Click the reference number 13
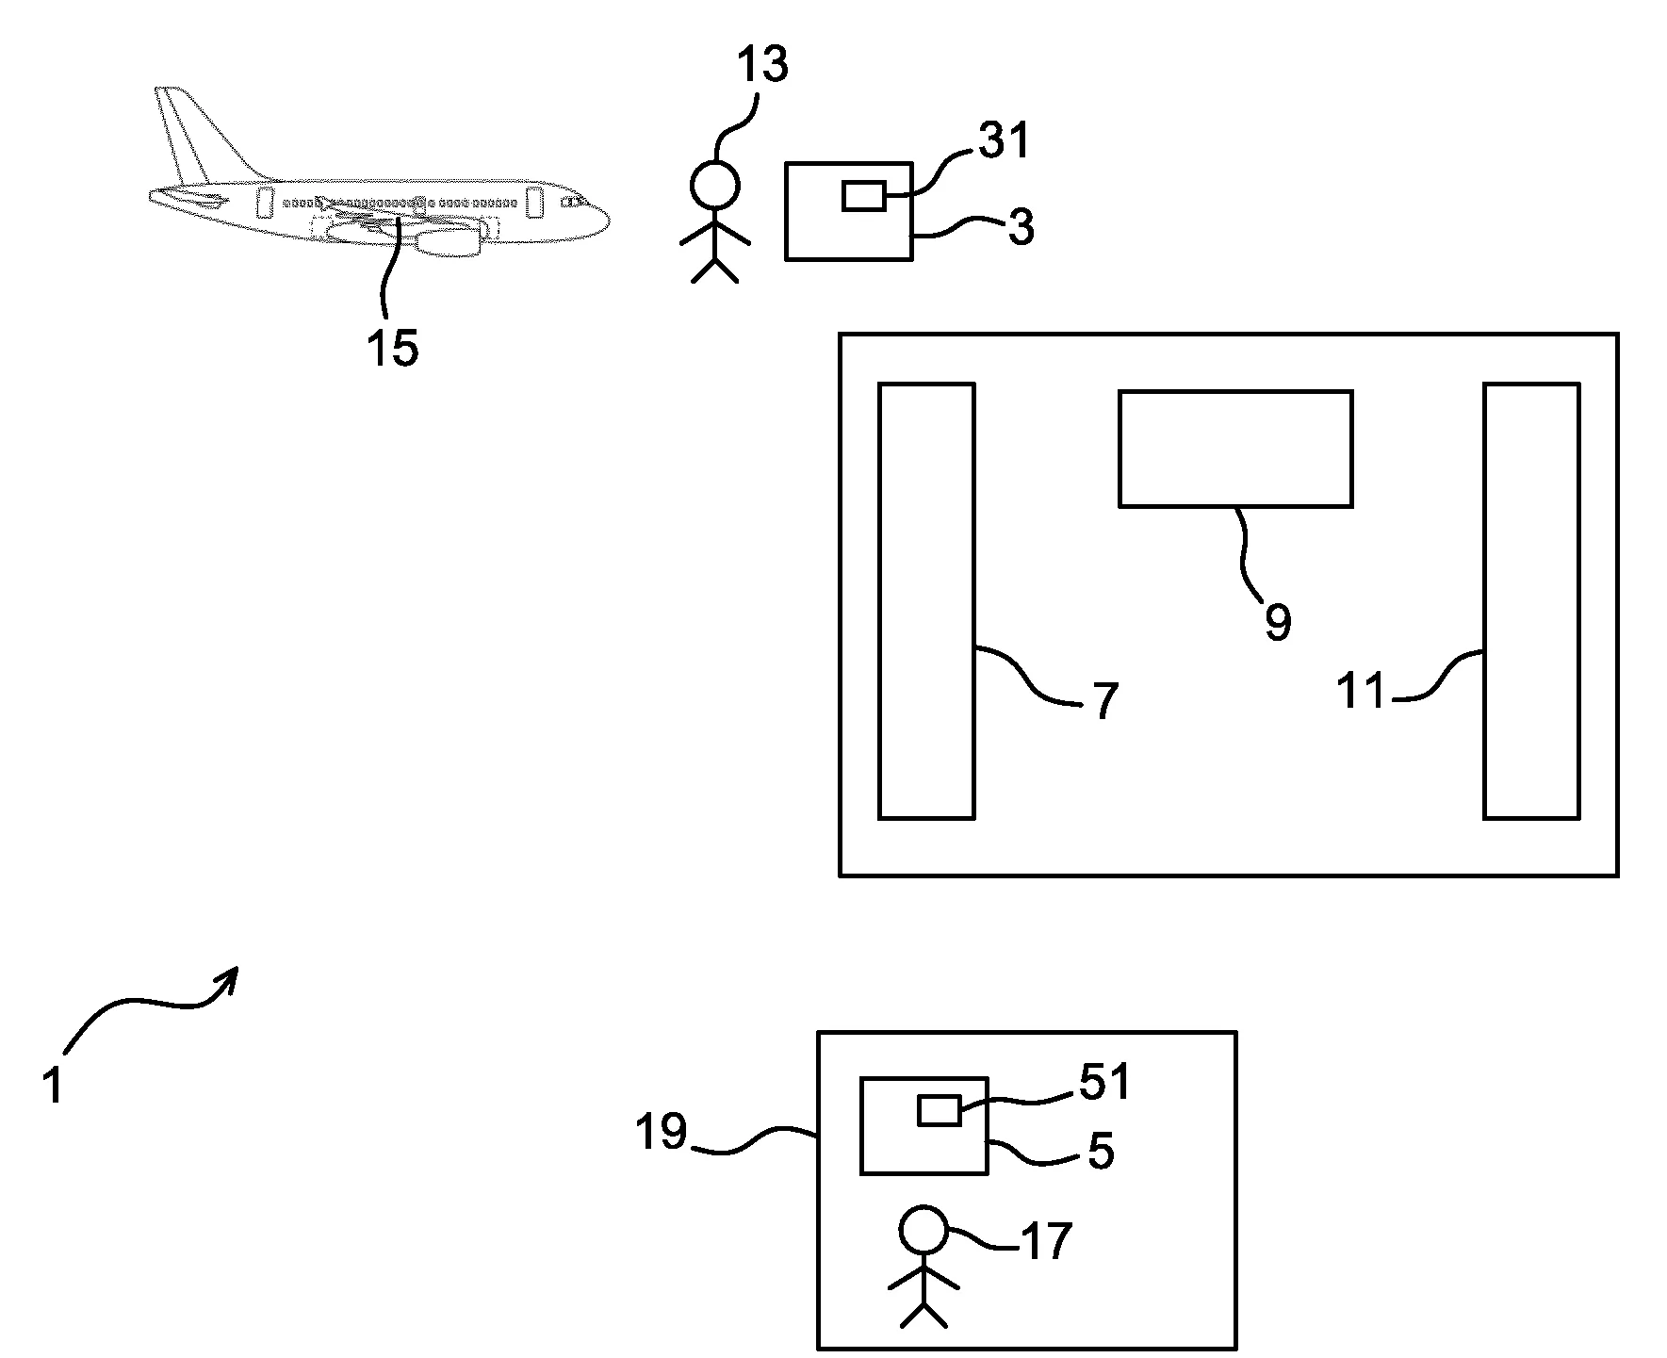tap(761, 66)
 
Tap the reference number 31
tap(1004, 141)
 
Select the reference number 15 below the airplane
tap(392, 349)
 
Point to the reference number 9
tap(1278, 622)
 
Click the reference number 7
tap(1105, 701)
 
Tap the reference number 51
tap(1103, 1082)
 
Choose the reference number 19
tap(661, 1131)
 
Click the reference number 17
tap(1047, 1241)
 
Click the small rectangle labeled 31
tap(862, 196)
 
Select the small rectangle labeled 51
tap(939, 1111)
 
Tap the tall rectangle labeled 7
tap(926, 600)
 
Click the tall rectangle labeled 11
tap(1531, 600)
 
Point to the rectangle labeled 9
tap(1235, 449)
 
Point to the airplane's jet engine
tap(448, 242)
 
